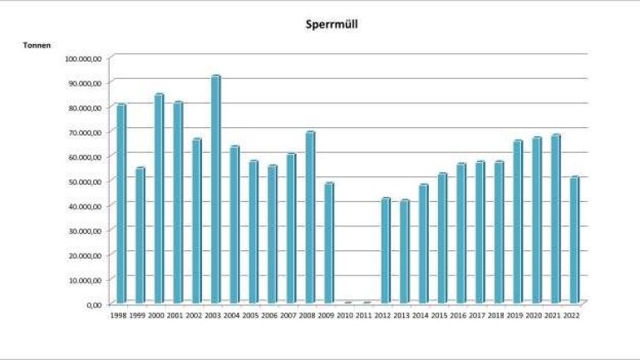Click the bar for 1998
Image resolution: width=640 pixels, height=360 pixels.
(121, 204)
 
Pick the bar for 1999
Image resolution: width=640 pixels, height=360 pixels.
(140, 235)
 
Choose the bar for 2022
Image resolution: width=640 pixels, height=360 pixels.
(574, 240)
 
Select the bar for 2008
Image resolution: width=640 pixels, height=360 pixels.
(309, 218)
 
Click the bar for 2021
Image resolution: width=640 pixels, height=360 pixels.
(554, 219)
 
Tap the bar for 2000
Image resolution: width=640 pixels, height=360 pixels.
(159, 199)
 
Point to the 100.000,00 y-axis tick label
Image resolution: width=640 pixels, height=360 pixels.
(82, 58)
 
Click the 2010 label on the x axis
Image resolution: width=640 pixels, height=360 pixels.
(347, 317)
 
